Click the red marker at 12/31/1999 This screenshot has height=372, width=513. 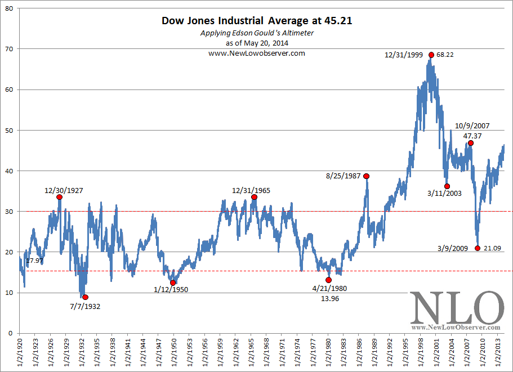[x=431, y=55]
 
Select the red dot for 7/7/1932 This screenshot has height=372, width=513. [x=85, y=297]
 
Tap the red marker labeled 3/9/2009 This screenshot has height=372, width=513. [x=478, y=248]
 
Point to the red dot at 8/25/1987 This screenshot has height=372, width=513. [x=367, y=176]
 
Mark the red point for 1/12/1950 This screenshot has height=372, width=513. [x=173, y=283]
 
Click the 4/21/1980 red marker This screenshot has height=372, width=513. [x=329, y=280]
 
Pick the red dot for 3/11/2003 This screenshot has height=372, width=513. [x=447, y=186]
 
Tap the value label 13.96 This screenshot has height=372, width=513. [x=329, y=299]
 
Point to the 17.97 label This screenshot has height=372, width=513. [x=35, y=261]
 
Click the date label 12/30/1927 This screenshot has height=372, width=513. [x=64, y=190]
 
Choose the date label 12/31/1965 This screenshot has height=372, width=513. [x=251, y=190]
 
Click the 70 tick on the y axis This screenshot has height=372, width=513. [x=9, y=49]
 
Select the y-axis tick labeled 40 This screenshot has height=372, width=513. [x=9, y=171]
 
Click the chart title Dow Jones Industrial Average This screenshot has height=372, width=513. [x=257, y=21]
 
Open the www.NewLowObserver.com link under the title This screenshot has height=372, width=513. [x=257, y=53]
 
